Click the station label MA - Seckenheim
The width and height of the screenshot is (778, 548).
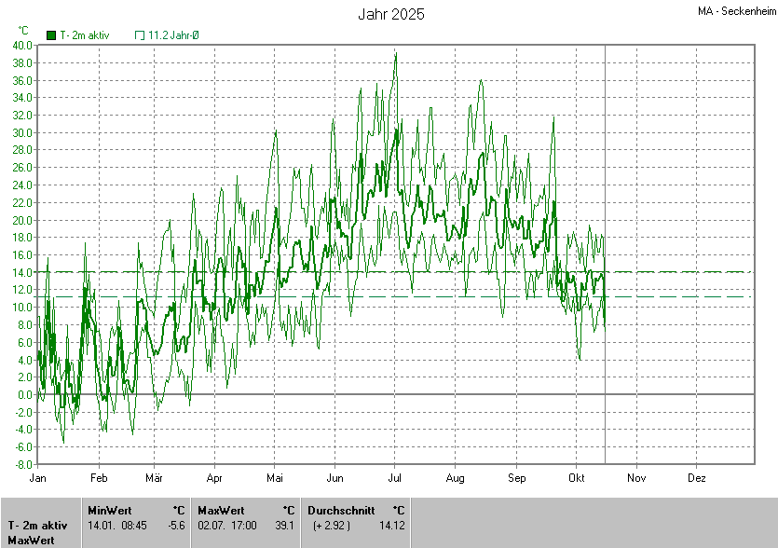point(737,11)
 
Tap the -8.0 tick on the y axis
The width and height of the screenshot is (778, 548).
point(23,464)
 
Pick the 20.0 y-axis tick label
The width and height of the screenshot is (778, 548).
point(22,220)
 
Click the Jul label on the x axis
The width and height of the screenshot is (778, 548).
point(394,477)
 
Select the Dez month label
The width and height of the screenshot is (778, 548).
point(696,477)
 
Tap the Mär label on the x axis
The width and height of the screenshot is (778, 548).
point(154,477)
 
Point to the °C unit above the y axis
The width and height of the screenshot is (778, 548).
point(23,30)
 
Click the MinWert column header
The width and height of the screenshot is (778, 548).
point(109,510)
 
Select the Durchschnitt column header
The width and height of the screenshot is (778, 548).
point(341,510)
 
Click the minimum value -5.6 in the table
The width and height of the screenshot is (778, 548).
point(175,525)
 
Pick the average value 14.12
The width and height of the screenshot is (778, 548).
point(391,525)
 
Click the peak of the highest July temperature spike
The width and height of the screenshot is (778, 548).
point(396,54)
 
